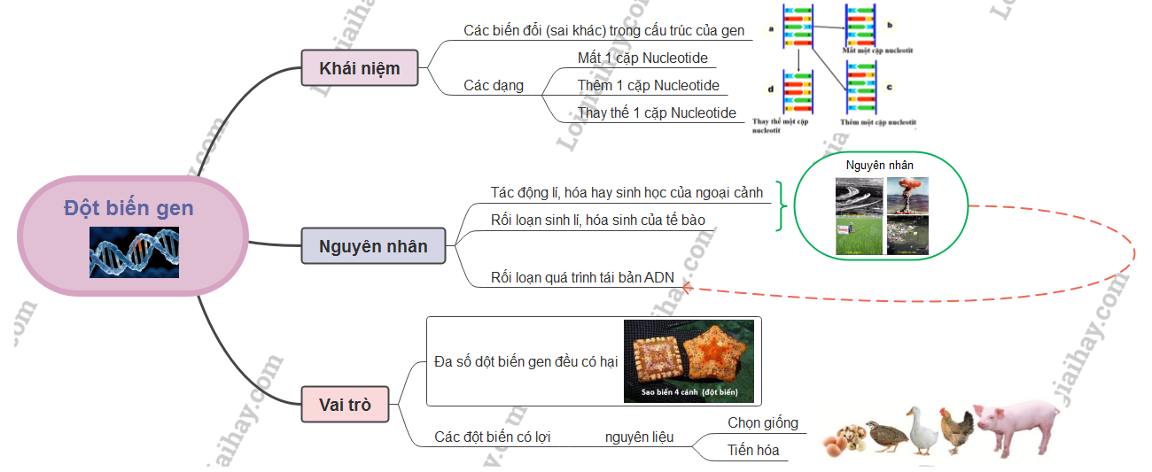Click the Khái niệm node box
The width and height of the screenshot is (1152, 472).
[x=360, y=68]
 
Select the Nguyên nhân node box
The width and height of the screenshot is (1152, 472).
[x=373, y=246]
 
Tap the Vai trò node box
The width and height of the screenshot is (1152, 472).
[x=345, y=406]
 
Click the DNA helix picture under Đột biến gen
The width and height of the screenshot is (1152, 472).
[x=134, y=251]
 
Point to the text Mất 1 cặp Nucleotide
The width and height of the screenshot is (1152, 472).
[x=642, y=58]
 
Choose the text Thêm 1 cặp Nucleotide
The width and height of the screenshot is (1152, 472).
[x=649, y=86]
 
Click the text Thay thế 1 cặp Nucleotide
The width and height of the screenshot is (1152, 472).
[x=657, y=112]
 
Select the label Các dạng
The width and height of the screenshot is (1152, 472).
[x=494, y=86]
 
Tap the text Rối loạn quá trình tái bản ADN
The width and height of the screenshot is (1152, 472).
[x=582, y=277]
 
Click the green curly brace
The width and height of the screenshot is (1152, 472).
[x=781, y=206]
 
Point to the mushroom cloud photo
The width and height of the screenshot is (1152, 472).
[x=907, y=195]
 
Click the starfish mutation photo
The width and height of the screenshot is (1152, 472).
[x=689, y=361]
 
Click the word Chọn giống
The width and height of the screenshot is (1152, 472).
[x=763, y=422]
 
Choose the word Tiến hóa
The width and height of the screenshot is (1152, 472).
[x=753, y=450]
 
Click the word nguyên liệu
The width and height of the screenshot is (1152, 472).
[x=639, y=437]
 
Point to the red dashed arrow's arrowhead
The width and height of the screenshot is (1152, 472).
[x=686, y=286]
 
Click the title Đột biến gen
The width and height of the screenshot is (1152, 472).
[x=128, y=209]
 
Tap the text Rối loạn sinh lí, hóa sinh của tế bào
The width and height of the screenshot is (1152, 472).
[x=598, y=219]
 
